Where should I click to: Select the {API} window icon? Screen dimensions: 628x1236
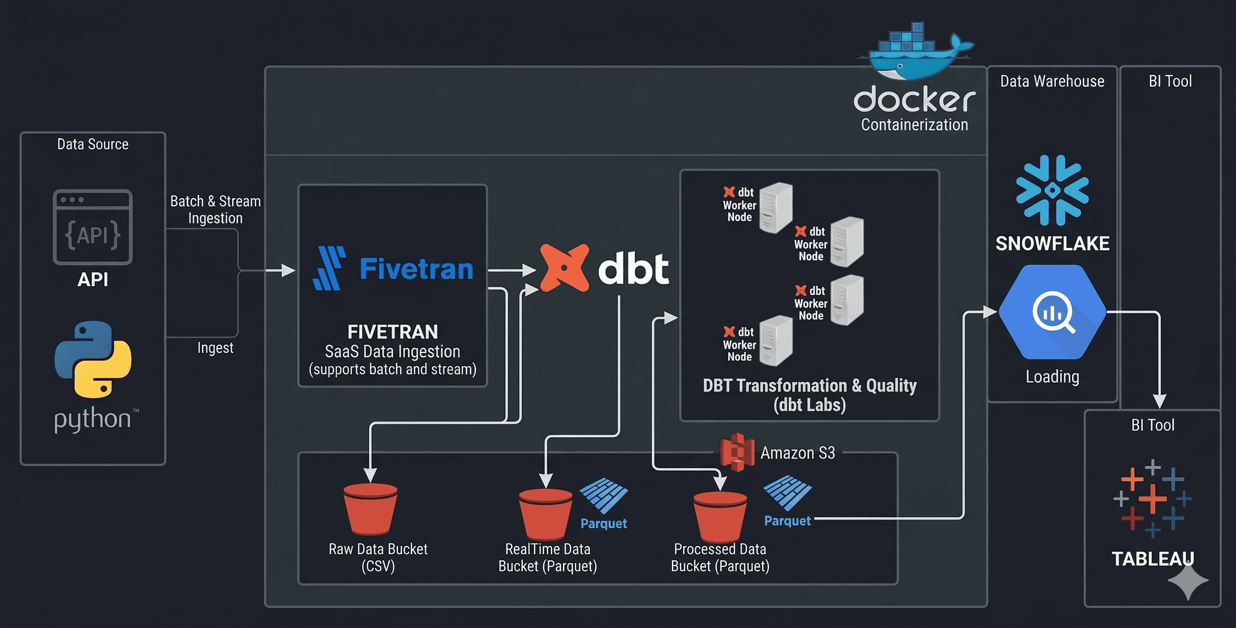click(93, 227)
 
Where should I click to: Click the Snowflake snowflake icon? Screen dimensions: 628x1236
click(1052, 190)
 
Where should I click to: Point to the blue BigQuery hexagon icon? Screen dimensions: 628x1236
click(1052, 312)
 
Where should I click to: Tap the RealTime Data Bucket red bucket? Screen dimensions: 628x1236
click(545, 514)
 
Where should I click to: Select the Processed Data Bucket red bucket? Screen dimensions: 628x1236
click(720, 516)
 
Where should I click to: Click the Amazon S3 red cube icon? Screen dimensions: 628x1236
click(737, 452)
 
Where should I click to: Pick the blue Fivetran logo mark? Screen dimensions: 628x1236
click(329, 268)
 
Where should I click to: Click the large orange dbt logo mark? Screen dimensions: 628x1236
click(565, 268)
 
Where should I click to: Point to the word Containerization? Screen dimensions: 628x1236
click(914, 125)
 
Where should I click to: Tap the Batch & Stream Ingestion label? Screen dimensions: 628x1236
click(215, 209)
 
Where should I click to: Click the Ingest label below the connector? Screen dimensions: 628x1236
click(215, 348)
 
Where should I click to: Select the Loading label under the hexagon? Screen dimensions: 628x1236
click(1052, 377)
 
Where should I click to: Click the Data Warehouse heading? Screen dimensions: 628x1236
click(1052, 81)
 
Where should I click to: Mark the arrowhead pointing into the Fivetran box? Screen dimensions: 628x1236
click(289, 271)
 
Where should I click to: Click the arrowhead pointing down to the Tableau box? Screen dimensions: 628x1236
click(1159, 401)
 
